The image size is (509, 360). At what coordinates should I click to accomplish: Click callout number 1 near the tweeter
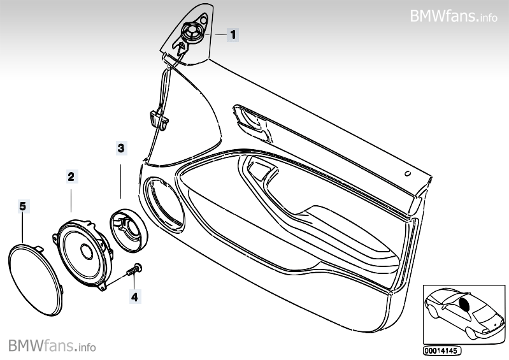coord(233,34)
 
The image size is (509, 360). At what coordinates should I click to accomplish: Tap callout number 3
coord(121,148)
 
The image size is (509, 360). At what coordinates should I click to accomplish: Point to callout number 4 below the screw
coord(134,295)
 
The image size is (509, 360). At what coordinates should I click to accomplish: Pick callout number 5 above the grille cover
coord(22,205)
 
